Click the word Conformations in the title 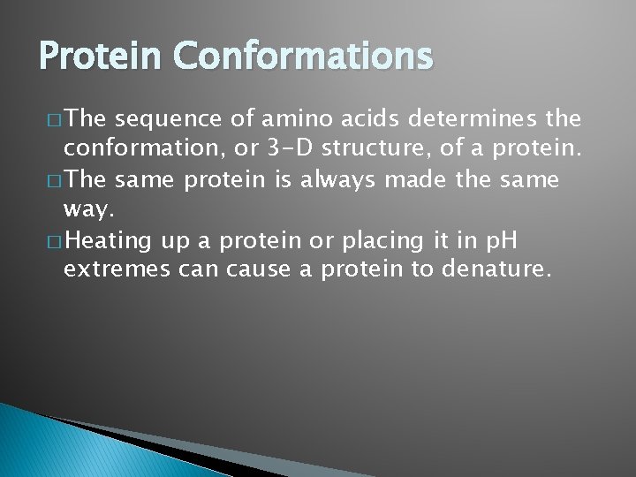(x=303, y=56)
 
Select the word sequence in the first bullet (x=166, y=119)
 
